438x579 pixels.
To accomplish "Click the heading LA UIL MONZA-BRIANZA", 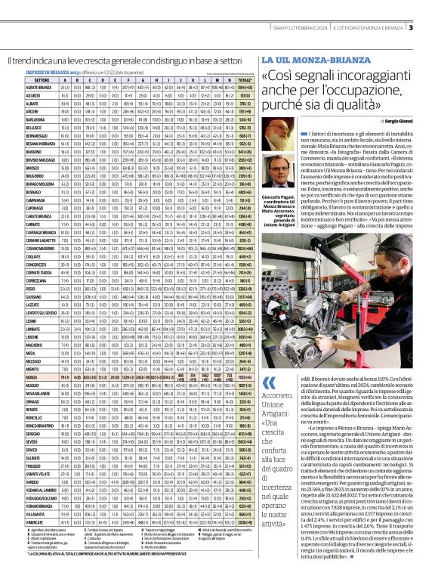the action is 298,60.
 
